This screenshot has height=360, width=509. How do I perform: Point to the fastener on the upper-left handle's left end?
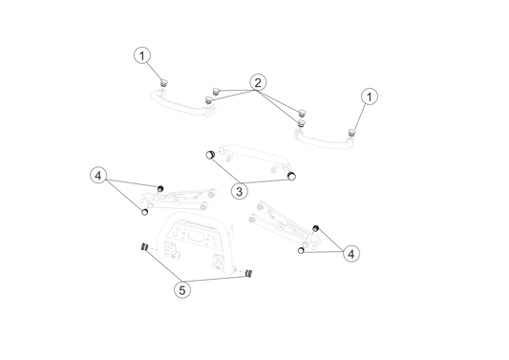164,83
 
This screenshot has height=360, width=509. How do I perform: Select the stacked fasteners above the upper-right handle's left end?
304,117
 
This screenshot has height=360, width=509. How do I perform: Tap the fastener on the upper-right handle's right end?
351,130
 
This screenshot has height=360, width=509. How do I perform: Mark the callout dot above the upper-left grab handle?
142,55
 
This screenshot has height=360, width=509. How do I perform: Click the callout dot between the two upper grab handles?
258,82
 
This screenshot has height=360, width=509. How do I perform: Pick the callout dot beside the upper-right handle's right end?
370,95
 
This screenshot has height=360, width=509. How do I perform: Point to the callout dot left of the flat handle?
98,176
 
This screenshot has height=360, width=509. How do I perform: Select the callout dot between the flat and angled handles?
239,192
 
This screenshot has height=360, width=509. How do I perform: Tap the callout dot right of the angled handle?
351,254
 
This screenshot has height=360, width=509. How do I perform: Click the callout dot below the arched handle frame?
182,288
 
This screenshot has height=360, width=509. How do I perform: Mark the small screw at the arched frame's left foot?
152,249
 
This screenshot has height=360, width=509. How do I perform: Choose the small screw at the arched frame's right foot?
240,271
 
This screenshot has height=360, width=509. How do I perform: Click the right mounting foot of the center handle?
282,170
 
